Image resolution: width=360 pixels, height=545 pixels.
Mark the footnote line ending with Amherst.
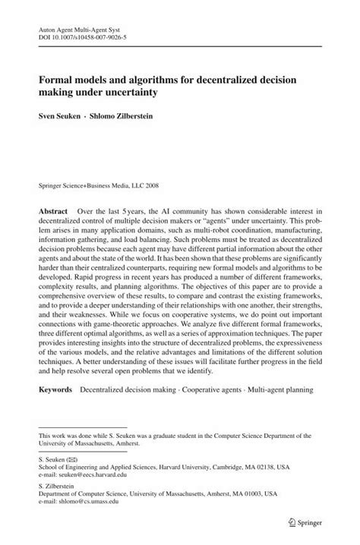coord(84,443)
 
